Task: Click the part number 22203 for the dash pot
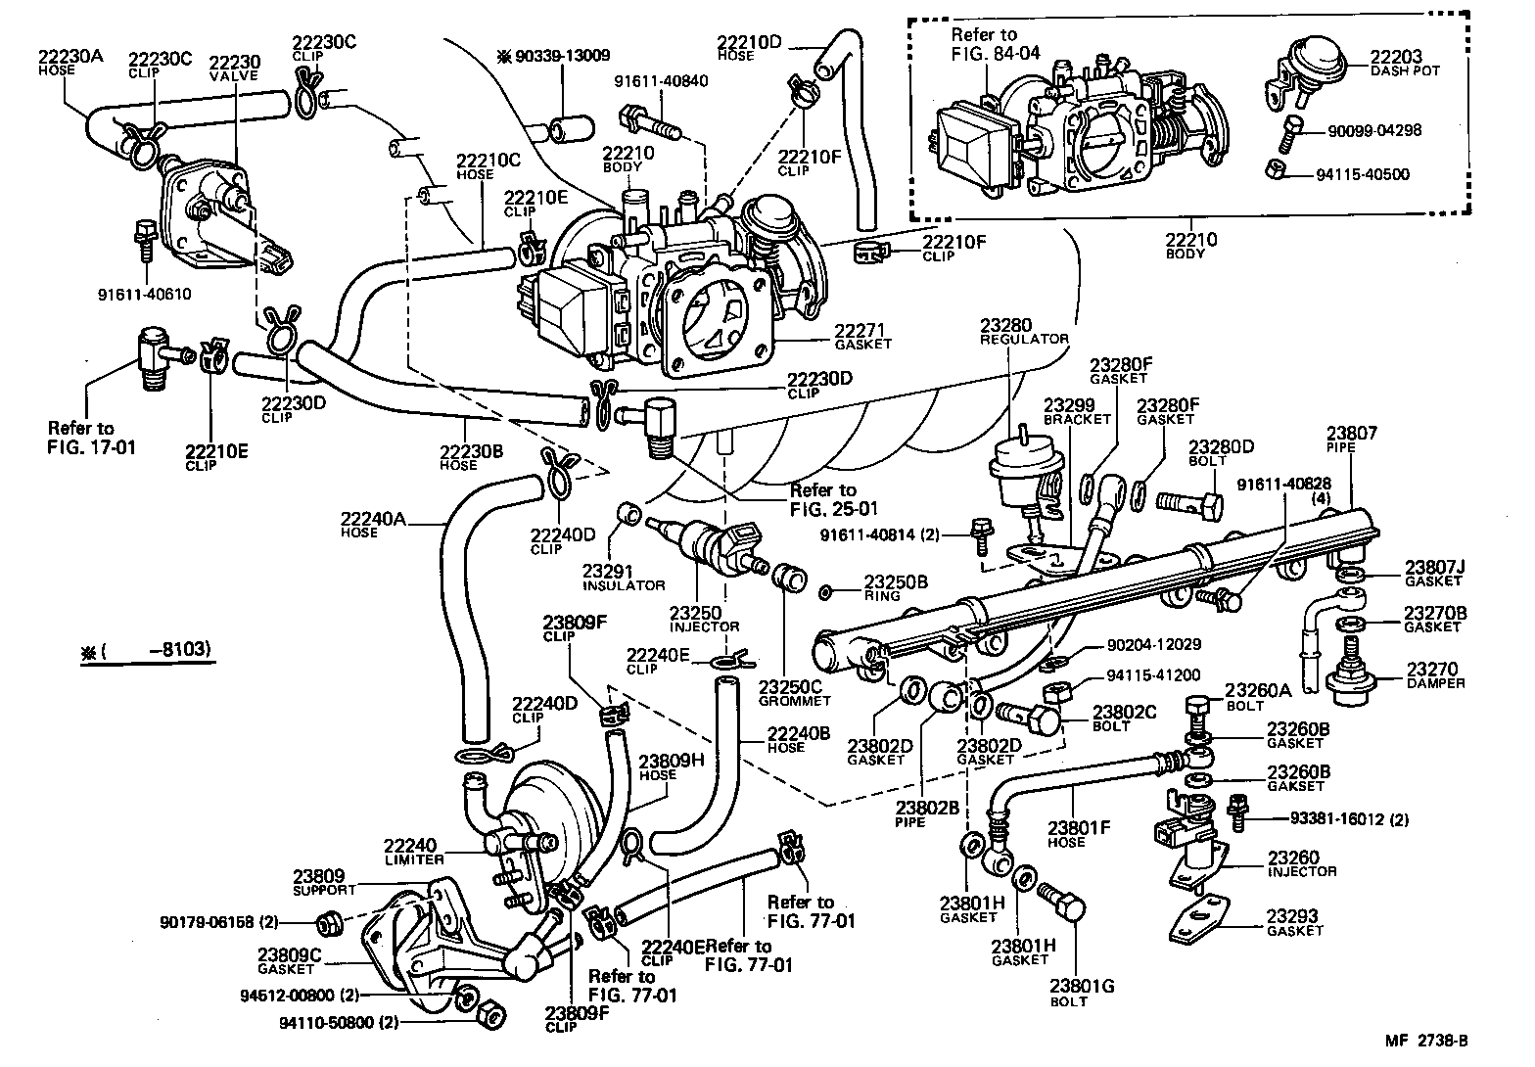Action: (1396, 58)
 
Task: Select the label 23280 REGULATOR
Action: (1023, 331)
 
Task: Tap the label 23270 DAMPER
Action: (1435, 675)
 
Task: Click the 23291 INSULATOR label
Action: (623, 578)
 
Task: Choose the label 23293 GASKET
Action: (1293, 923)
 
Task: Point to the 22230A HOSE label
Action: (70, 62)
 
